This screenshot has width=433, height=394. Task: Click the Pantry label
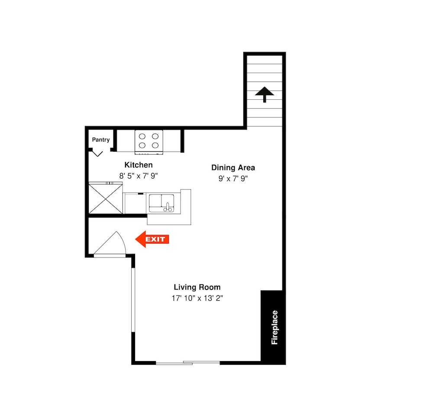click(x=101, y=140)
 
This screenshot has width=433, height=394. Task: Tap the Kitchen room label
click(x=139, y=165)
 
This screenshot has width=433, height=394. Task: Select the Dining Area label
click(x=233, y=168)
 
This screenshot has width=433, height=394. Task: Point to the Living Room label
click(x=197, y=287)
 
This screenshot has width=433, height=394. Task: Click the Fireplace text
click(x=275, y=327)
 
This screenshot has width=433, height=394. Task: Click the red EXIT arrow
click(x=152, y=239)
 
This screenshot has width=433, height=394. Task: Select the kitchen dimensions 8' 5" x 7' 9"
click(x=139, y=176)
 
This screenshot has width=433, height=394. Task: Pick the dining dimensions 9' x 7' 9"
click(x=233, y=179)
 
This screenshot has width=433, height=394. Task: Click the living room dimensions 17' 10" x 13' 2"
click(x=197, y=298)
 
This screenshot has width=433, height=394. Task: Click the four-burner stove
click(x=149, y=142)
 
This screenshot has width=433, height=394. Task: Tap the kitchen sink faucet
click(x=168, y=207)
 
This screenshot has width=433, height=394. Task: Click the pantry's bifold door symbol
click(x=97, y=153)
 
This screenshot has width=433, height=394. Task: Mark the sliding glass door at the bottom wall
click(x=188, y=363)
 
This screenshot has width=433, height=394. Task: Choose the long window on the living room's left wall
click(x=133, y=300)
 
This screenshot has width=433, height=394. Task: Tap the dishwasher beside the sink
click(x=135, y=203)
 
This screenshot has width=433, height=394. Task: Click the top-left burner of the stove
click(x=142, y=136)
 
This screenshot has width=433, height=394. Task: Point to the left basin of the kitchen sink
click(x=155, y=200)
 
